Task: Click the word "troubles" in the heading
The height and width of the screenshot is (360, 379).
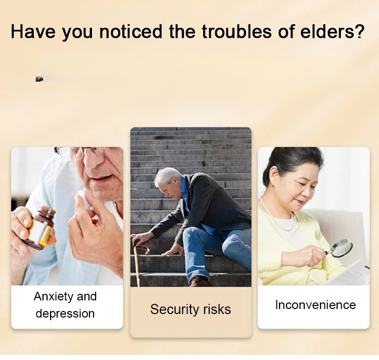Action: pyautogui.click(x=236, y=32)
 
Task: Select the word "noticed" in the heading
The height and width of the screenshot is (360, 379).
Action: pyautogui.click(x=130, y=32)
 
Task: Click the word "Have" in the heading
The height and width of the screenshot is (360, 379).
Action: pyautogui.click(x=33, y=32)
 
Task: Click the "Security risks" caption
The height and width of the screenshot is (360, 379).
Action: pyautogui.click(x=191, y=310)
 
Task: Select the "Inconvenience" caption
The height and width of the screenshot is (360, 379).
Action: pyautogui.click(x=315, y=304)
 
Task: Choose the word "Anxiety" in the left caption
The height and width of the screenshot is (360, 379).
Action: pyautogui.click(x=53, y=297)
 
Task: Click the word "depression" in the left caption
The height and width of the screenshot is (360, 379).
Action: pyautogui.click(x=65, y=314)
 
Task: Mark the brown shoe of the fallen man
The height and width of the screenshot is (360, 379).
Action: pyautogui.click(x=199, y=282)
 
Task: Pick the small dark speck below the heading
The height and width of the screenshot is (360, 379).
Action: pyautogui.click(x=39, y=79)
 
